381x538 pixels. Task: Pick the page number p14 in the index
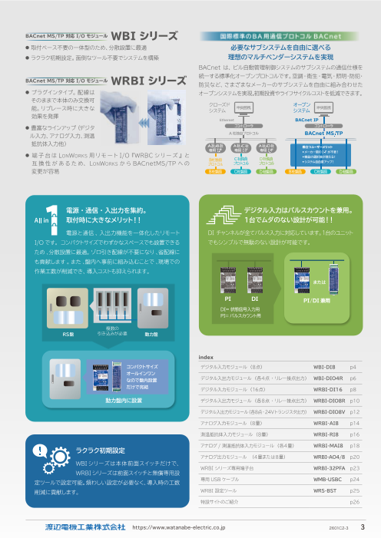click(355, 423)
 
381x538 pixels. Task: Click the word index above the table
click(205, 358)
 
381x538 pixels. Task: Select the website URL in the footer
click(179, 528)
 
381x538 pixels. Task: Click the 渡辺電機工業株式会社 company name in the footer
click(84, 528)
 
